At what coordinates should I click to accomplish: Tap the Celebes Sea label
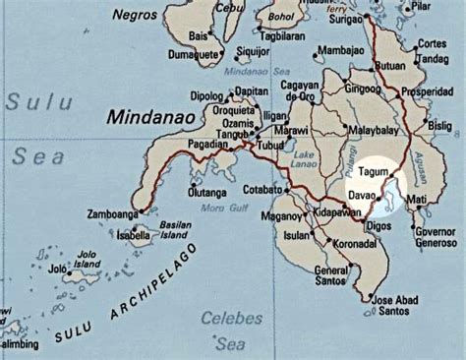(231, 330)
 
